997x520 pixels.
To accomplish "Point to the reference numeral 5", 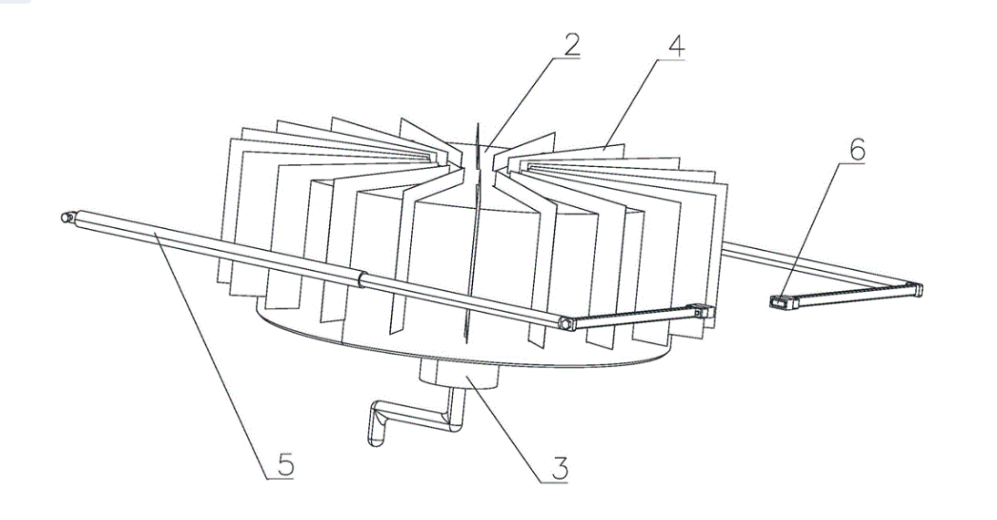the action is tap(284, 465).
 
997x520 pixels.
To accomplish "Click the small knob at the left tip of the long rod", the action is tap(66, 218).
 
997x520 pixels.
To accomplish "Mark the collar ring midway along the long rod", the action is tap(363, 279).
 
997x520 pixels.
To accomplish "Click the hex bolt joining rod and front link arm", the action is tap(564, 324).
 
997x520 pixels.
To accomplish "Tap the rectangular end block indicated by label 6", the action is tap(784, 302).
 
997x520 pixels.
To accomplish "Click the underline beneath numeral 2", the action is tap(566, 58).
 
